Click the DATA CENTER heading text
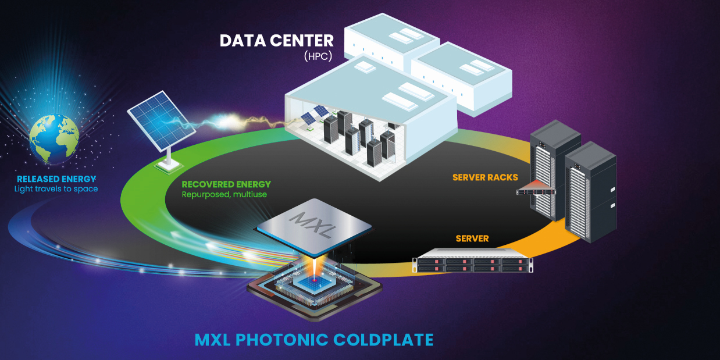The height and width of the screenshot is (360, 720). pos(276,41)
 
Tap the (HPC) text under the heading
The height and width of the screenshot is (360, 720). pos(318,56)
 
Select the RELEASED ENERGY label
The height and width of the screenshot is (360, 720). pos(56,179)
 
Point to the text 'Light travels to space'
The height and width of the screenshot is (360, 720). pos(56,189)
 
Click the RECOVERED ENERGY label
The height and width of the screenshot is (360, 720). pos(226,184)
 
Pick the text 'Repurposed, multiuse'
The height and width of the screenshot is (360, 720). pos(224,194)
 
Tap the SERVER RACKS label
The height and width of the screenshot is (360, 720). pos(485,177)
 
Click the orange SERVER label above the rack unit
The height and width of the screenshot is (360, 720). pos(472,238)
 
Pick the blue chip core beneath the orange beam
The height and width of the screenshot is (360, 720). pos(314,281)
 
